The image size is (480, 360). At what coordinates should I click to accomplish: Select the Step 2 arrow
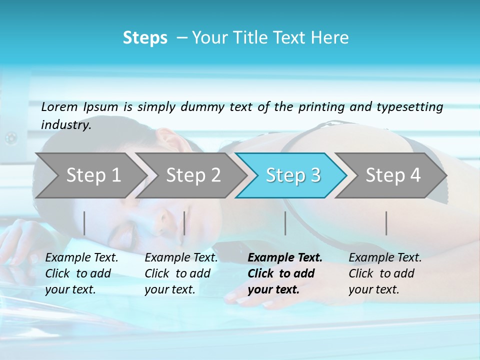click(193, 175)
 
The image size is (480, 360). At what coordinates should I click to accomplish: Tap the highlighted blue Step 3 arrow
click(293, 175)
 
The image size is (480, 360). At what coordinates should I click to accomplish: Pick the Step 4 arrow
click(393, 175)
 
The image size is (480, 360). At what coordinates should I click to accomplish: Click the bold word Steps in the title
click(145, 37)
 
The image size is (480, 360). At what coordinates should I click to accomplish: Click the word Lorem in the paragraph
click(59, 106)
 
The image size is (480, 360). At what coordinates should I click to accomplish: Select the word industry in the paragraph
click(65, 124)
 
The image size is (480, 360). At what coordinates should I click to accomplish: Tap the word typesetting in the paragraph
click(409, 106)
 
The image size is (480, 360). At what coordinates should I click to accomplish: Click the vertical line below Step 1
click(84, 223)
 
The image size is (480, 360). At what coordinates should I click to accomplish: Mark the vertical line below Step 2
click(184, 223)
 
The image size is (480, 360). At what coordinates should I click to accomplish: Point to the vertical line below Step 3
click(285, 223)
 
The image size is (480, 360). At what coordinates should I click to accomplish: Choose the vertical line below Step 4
click(386, 223)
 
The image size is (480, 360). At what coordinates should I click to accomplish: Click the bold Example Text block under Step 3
click(285, 273)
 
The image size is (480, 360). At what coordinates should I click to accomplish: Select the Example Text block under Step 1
click(81, 273)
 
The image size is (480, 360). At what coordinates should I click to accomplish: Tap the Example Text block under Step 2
click(181, 273)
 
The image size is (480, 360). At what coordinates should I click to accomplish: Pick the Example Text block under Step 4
click(385, 273)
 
